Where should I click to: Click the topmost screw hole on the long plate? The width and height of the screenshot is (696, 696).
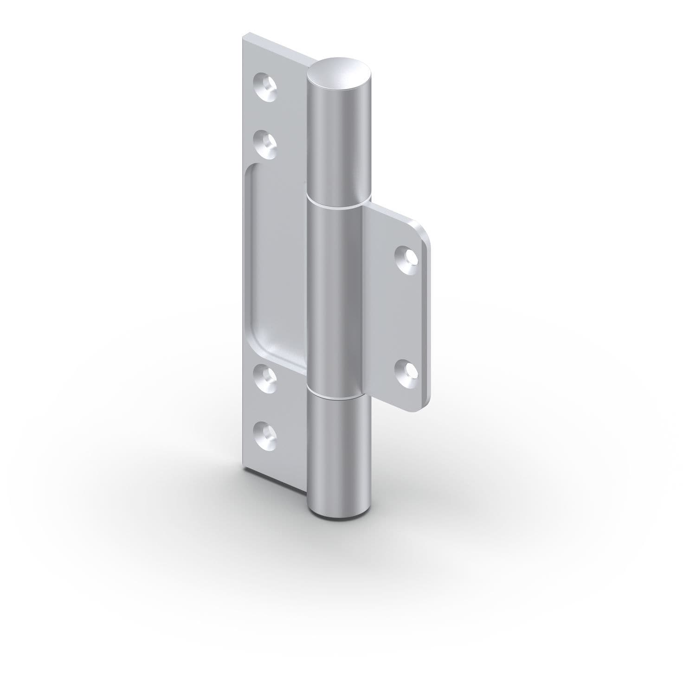(265, 85)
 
